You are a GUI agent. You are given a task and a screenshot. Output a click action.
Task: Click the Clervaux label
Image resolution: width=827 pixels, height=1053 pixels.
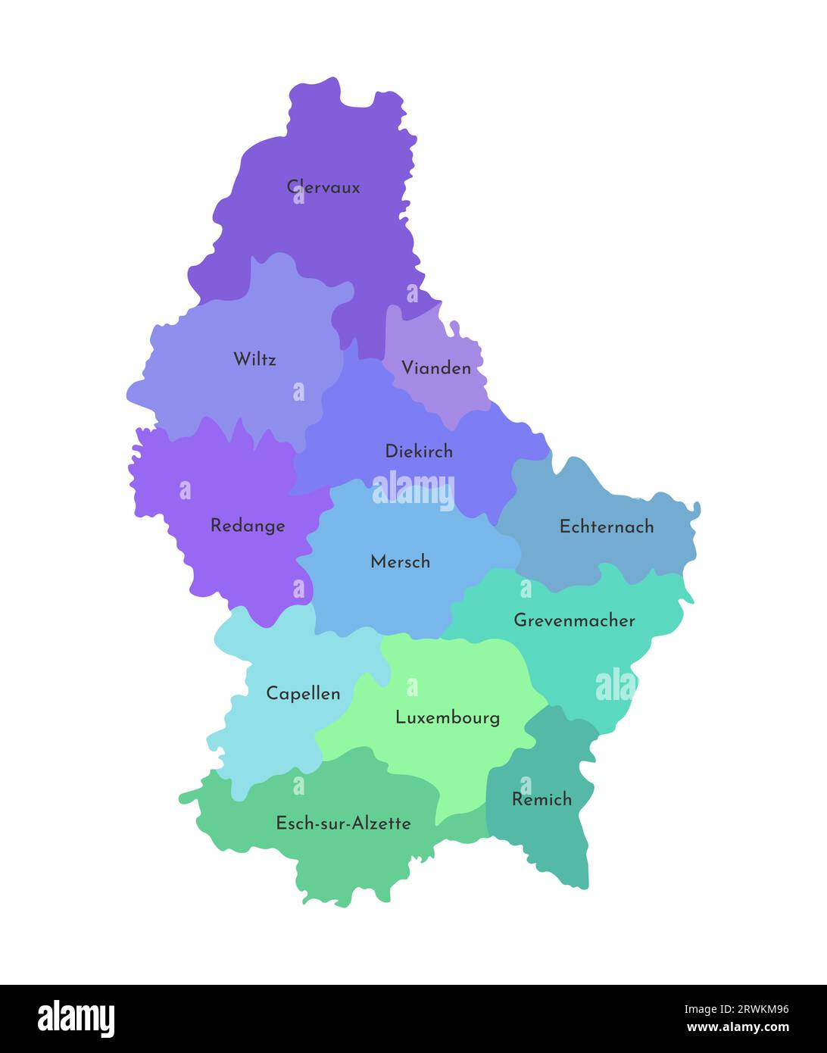click(323, 187)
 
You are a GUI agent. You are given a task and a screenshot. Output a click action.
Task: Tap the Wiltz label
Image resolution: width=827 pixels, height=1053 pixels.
click(254, 359)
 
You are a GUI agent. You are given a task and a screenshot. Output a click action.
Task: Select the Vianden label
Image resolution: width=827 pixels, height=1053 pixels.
click(436, 368)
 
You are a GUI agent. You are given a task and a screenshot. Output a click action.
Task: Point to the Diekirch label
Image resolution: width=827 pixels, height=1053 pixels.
click(419, 452)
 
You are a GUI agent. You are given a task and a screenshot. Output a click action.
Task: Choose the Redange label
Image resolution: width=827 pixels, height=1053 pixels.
click(248, 526)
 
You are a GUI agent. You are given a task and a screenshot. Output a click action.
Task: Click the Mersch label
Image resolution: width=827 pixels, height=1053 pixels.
click(400, 562)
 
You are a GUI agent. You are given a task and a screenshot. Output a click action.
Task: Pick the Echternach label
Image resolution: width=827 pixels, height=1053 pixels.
click(606, 526)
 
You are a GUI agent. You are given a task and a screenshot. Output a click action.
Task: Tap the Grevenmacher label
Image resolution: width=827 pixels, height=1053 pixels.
click(574, 620)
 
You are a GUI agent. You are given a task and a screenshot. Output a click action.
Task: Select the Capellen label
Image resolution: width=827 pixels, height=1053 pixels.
click(303, 693)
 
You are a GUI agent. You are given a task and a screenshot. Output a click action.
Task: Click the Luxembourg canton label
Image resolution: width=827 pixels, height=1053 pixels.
click(448, 717)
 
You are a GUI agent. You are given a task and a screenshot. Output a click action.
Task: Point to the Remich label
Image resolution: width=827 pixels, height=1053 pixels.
click(541, 799)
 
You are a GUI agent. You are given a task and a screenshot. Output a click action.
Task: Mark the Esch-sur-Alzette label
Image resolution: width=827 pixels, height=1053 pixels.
click(343, 823)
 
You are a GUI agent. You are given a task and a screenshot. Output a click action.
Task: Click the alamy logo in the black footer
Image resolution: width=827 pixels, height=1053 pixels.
click(76, 1019)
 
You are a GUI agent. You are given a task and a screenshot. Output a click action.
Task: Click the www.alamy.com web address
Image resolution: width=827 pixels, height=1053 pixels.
click(738, 1028)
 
